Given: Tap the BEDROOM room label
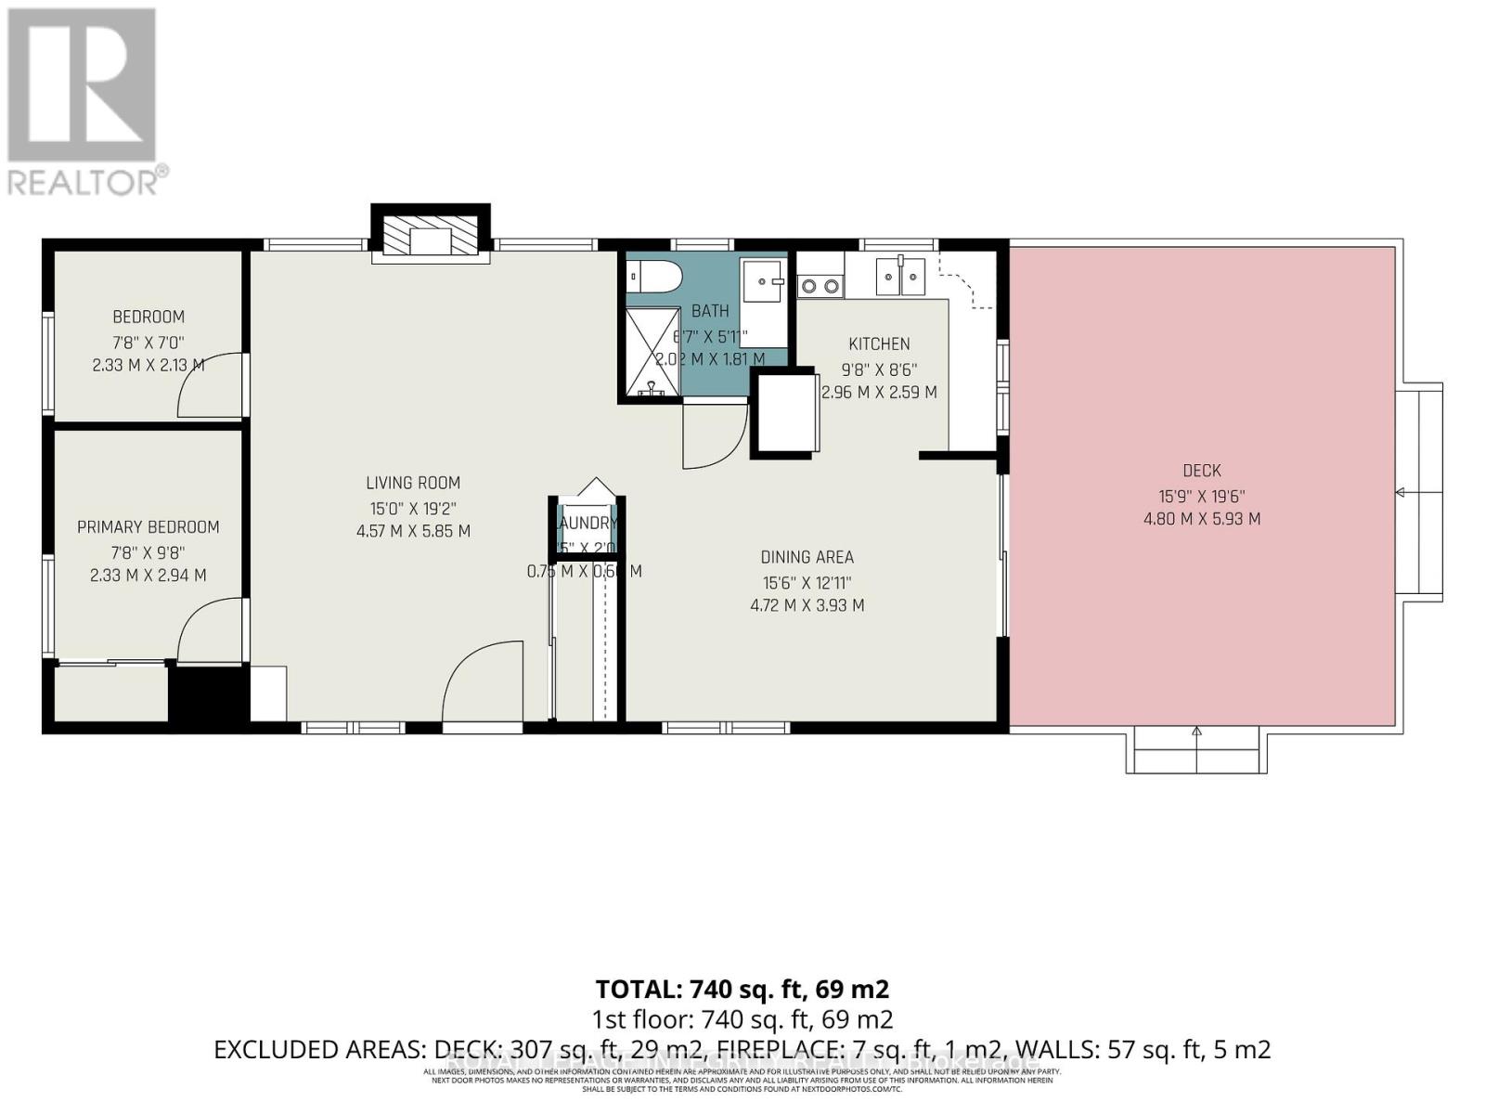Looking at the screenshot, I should tap(148, 317).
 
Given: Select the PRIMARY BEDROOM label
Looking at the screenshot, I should tap(148, 527).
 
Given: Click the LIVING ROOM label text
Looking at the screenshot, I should tap(413, 483).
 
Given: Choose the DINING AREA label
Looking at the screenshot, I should tap(807, 557).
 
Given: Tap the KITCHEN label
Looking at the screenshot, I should tap(879, 343).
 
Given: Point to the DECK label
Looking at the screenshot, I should tap(1202, 471).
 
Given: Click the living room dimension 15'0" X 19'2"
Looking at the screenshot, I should tap(413, 508).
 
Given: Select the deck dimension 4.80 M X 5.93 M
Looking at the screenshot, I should tap(1202, 519).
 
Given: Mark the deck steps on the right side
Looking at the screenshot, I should tap(1421, 492).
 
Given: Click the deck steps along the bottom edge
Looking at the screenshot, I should tap(1196, 750).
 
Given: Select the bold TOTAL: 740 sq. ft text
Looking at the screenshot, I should tap(742, 989).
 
